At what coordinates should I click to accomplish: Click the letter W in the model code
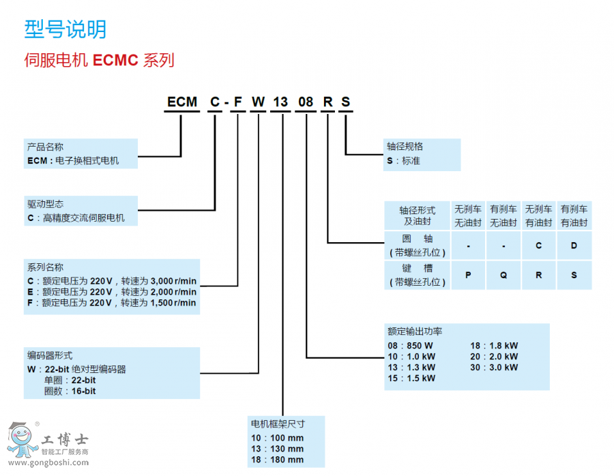[258, 102]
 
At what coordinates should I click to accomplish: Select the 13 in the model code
[280, 102]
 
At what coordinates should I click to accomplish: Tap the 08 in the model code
[306, 102]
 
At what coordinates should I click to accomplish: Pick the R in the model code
[328, 102]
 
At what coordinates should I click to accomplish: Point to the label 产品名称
[45, 147]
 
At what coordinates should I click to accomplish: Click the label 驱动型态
[45, 204]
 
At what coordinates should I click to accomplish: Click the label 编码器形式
[50, 355]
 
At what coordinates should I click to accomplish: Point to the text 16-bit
[84, 391]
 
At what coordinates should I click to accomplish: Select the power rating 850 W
[421, 345]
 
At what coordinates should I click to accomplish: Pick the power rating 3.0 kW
[504, 367]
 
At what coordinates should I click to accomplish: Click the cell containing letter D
[574, 246]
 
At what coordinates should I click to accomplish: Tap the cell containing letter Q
[503, 275]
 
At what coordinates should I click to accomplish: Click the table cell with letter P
[469, 275]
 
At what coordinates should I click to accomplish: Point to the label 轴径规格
[405, 147]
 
